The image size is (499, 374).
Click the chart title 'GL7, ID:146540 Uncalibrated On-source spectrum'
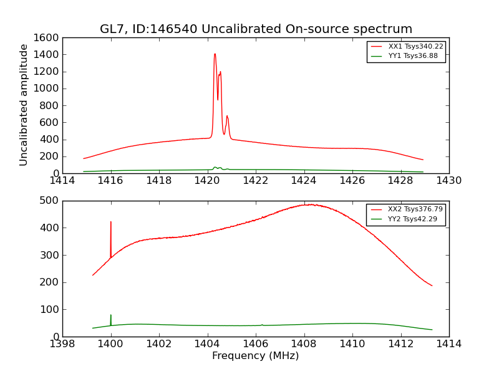[x=256, y=29]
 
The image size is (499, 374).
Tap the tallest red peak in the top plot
[x=215, y=54]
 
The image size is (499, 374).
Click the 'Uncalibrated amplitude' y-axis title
[x=24, y=105]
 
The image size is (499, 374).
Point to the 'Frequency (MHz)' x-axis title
[x=255, y=356]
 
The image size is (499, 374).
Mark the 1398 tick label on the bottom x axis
[x=62, y=344]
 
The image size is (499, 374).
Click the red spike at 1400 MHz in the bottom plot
[x=111, y=223]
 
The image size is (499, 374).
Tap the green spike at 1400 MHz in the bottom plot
[x=111, y=316]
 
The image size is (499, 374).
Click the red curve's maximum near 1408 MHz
[x=308, y=204]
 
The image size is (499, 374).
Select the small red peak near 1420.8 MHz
[x=227, y=117]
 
